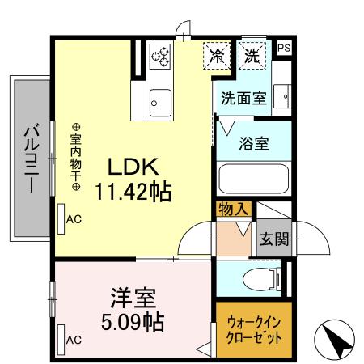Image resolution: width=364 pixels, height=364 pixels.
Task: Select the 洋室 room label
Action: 133,297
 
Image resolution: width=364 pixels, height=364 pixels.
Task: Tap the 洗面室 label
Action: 243,98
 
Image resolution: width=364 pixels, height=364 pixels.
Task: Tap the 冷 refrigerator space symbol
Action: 217,56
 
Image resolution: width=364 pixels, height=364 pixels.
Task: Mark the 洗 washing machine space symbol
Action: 253,56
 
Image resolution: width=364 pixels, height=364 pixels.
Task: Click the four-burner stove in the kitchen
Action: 161,56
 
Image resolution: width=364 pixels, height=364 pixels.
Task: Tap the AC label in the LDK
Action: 73,218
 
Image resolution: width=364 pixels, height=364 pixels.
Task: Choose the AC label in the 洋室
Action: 73,340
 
